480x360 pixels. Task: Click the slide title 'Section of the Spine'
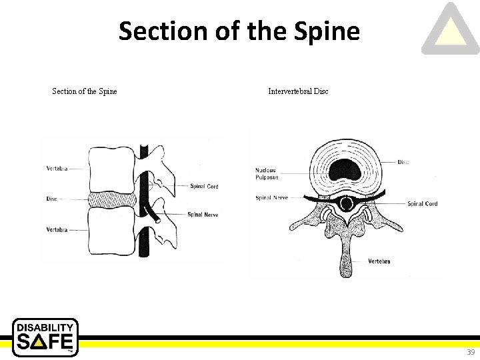tap(239, 31)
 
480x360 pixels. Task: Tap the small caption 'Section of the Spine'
tap(85, 91)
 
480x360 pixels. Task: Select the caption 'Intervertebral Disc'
tap(298, 91)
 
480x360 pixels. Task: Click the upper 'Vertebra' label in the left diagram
tap(57, 169)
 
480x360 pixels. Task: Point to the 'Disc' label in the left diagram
tap(52, 199)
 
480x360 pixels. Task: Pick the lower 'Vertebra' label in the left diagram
tap(57, 230)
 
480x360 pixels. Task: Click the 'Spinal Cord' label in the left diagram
tap(203, 187)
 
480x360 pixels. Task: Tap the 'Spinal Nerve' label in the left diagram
tap(203, 215)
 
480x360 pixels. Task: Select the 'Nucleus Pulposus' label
tap(266, 174)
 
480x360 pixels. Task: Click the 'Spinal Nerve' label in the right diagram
tap(271, 198)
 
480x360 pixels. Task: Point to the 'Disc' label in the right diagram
tap(403, 162)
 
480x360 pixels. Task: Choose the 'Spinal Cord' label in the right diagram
tap(422, 203)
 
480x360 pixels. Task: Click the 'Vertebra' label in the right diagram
tap(379, 261)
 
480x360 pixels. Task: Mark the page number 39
tap(471, 352)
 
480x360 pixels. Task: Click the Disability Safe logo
tap(45, 337)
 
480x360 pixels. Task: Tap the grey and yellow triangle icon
tap(451, 30)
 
